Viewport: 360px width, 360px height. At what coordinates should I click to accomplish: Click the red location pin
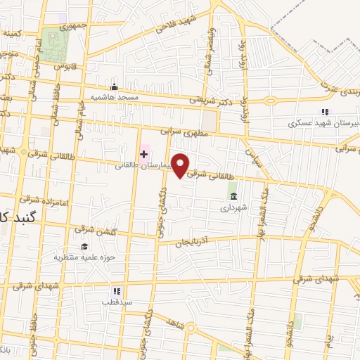pyautogui.click(x=181, y=165)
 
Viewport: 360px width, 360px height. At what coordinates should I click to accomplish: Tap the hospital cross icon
pyautogui.click(x=143, y=153)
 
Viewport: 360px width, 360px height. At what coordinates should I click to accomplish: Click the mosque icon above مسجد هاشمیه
pyautogui.click(x=115, y=86)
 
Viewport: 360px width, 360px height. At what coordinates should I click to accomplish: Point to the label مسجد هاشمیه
pyautogui.click(x=112, y=96)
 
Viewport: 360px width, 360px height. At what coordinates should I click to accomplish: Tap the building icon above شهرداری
pyautogui.click(x=233, y=195)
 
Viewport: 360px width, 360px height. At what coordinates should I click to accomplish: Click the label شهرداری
pyautogui.click(x=234, y=207)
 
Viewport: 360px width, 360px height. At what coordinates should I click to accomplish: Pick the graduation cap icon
pyautogui.click(x=84, y=246)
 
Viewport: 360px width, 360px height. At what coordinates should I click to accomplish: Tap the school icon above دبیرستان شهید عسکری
pyautogui.click(x=324, y=111)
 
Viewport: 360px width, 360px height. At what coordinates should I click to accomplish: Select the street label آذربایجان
pyautogui.click(x=193, y=241)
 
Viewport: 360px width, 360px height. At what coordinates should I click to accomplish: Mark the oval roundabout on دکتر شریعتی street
pyautogui.click(x=271, y=101)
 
